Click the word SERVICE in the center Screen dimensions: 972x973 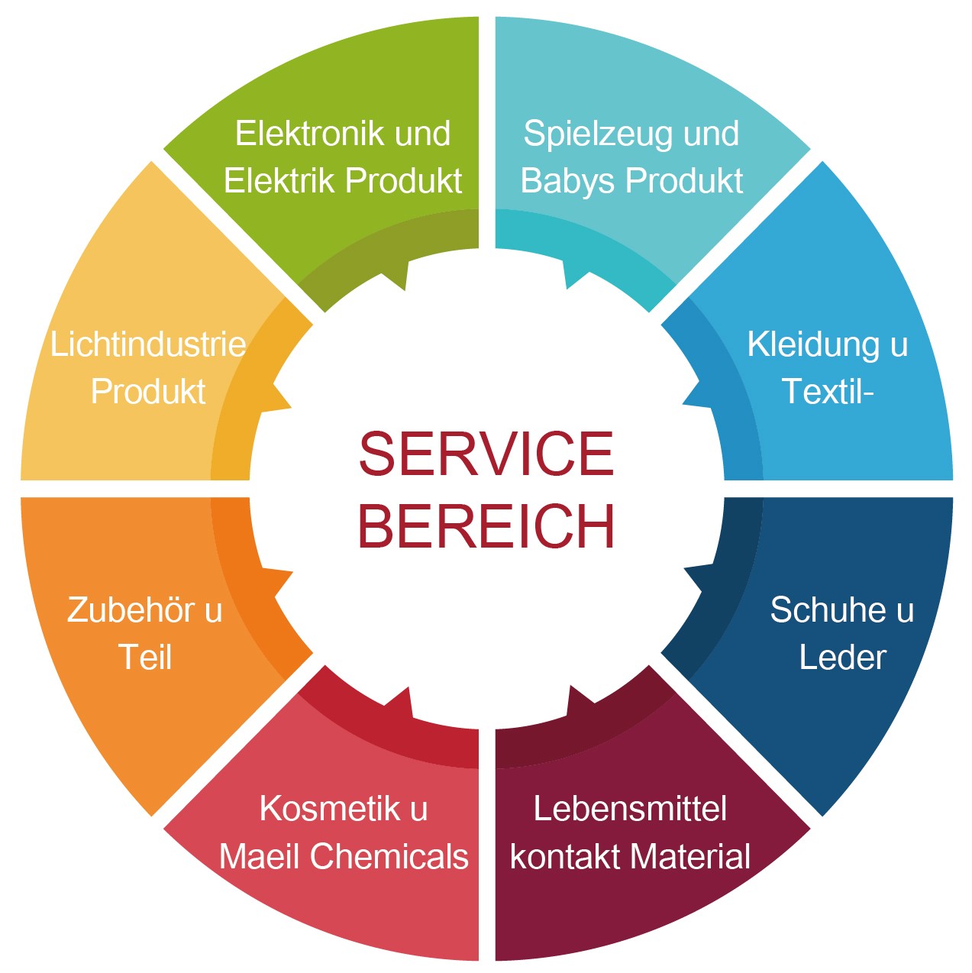[486, 453]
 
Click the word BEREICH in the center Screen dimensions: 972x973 [486, 525]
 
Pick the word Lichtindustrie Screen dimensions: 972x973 [148, 344]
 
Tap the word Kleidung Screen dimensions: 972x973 [813, 345]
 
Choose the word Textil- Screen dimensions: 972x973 [828, 391]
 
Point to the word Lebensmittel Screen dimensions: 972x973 [630, 808]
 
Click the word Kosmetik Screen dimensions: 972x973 [330, 808]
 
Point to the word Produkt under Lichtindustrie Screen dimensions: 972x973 [148, 391]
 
